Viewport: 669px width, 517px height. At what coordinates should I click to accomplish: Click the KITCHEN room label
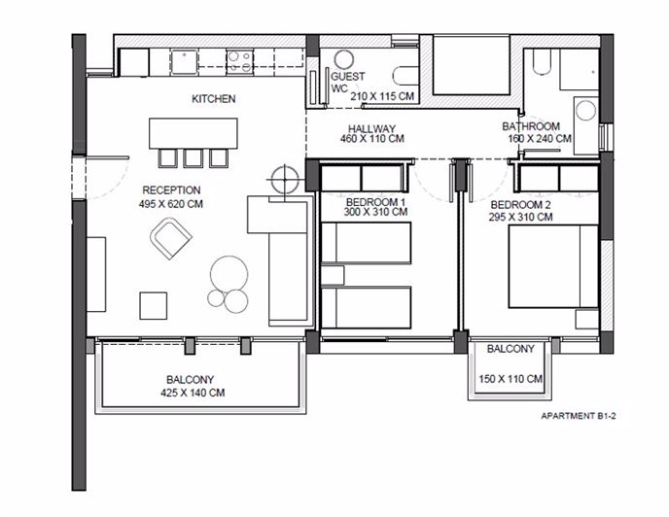(214, 99)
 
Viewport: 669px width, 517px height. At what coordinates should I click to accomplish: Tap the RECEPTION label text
(171, 190)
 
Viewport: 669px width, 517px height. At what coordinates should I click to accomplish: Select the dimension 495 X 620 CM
(171, 204)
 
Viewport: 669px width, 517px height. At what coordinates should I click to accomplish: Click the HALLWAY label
(371, 127)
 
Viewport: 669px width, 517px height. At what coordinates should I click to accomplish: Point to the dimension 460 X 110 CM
(371, 140)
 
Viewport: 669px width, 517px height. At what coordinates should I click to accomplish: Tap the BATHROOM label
(530, 126)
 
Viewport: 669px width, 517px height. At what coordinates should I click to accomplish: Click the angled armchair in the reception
(171, 239)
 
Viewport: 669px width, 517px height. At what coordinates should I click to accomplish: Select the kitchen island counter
(193, 132)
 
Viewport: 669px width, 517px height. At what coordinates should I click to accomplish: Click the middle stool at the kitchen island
(193, 157)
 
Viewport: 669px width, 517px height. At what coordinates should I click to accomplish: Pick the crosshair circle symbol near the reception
(284, 180)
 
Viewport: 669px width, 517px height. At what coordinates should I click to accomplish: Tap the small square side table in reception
(154, 305)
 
